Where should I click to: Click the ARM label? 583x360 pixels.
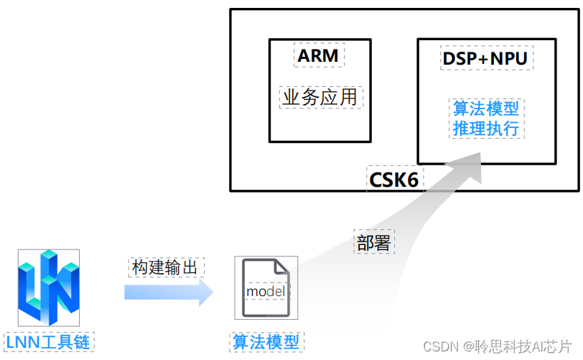[320, 55]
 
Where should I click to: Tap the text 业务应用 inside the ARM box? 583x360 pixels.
[320, 97]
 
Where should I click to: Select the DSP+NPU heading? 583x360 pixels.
[485, 58]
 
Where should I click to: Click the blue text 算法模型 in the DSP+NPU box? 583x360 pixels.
[486, 109]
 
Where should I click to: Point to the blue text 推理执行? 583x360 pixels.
[486, 129]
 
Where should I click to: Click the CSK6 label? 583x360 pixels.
[393, 179]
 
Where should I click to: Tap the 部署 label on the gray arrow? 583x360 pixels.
[373, 242]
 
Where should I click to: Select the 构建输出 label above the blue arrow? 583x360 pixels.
[167, 267]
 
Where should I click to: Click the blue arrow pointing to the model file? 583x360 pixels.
[169, 292]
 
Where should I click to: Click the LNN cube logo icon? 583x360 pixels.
[48, 288]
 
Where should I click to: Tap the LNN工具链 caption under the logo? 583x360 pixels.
[48, 342]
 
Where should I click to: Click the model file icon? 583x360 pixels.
[266, 288]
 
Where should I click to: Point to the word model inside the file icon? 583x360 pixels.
[266, 292]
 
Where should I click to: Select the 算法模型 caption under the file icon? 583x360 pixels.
[266, 342]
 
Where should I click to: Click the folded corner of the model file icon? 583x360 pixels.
[281, 266]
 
